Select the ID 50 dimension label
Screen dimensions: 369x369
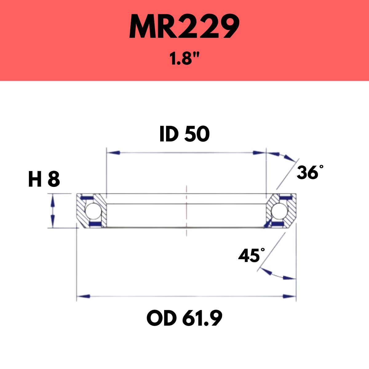click(x=184, y=134)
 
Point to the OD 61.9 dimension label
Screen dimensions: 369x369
click(x=184, y=319)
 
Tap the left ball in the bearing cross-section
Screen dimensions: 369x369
click(x=91, y=211)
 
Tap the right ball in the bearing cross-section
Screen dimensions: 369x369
click(x=279, y=211)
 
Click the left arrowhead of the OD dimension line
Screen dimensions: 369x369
click(x=84, y=296)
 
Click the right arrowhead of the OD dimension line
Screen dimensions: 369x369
click(x=289, y=296)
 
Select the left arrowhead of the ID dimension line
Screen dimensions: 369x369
click(x=113, y=153)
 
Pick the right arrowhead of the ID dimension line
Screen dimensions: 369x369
click(x=259, y=153)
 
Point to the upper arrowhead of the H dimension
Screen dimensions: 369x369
click(x=53, y=199)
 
